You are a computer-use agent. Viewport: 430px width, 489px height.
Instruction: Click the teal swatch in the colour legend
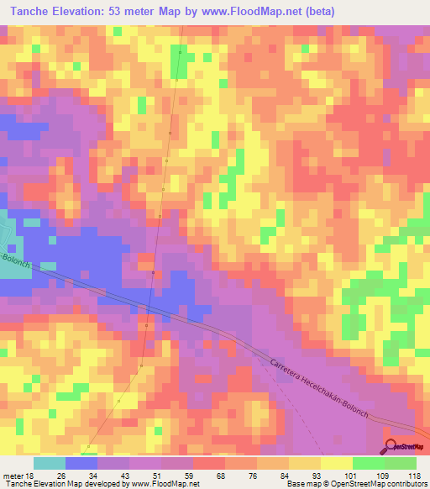49,463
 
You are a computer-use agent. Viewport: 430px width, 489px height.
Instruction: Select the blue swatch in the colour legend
81,463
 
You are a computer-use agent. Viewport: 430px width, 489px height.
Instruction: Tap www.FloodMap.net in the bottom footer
165,483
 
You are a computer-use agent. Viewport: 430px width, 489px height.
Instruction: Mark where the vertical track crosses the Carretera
149,308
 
